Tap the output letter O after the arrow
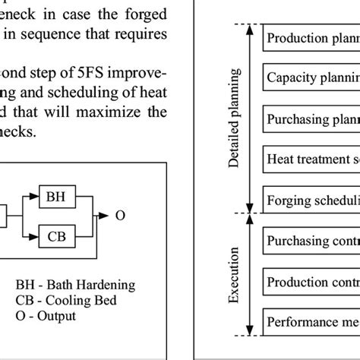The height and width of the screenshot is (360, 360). click(x=120, y=215)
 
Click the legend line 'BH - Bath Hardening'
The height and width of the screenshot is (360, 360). click(x=74, y=286)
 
